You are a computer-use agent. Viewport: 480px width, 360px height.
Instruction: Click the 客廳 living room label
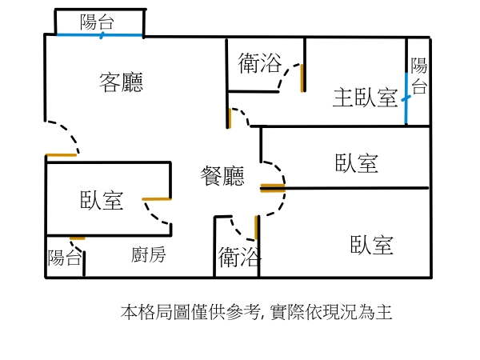[x=122, y=82]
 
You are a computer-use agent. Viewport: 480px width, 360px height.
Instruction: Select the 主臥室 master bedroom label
[x=365, y=98]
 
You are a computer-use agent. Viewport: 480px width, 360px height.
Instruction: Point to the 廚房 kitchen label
[x=149, y=255]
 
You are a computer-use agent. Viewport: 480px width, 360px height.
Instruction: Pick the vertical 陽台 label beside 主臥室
[x=418, y=77]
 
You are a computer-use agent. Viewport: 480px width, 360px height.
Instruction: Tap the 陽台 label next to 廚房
[x=64, y=258]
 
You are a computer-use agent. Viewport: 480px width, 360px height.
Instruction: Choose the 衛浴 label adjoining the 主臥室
[x=260, y=62]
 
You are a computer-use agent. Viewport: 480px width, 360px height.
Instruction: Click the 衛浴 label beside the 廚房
[x=239, y=257]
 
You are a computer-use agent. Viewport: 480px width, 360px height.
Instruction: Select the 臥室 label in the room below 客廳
[x=102, y=200]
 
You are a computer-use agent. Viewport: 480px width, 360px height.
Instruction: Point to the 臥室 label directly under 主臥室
[x=357, y=163]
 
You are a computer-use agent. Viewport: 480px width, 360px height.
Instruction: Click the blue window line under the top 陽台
[x=100, y=35]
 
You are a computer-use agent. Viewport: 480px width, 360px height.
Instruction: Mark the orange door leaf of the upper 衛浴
[x=302, y=78]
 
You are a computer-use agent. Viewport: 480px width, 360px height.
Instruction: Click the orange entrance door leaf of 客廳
[x=61, y=154]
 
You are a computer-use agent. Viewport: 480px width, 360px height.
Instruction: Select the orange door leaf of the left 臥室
[x=156, y=198]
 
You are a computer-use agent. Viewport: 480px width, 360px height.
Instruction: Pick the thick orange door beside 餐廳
[x=273, y=189]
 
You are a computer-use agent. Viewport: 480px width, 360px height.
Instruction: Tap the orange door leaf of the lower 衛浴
[x=256, y=228]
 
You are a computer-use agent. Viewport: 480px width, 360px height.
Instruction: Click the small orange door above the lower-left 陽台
[x=78, y=238]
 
